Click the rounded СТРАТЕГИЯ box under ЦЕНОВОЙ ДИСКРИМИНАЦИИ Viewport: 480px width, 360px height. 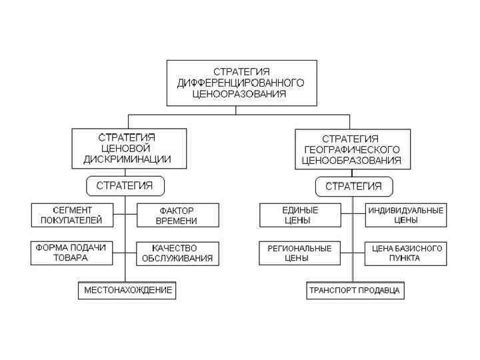(x=125, y=186)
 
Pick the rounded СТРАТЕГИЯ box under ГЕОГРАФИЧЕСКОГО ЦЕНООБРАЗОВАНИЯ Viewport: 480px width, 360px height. (x=353, y=186)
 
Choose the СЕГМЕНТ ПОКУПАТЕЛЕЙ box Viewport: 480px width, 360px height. (x=71, y=215)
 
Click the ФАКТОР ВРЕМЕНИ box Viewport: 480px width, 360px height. (x=177, y=215)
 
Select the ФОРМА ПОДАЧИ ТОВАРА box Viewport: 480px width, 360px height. (x=71, y=253)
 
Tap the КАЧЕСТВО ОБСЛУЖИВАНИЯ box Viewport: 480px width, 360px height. (x=177, y=253)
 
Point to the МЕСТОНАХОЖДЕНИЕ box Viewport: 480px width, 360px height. (x=127, y=290)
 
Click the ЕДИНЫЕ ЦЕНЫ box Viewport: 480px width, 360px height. (x=300, y=215)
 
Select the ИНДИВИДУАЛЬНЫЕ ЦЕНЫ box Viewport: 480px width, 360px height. (x=405, y=215)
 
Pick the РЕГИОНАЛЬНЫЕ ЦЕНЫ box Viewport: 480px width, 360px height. (x=300, y=253)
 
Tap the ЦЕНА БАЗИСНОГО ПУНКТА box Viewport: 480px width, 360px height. (x=405, y=253)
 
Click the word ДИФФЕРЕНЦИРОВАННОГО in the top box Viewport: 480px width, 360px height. (x=241, y=83)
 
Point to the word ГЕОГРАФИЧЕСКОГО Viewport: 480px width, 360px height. (x=351, y=149)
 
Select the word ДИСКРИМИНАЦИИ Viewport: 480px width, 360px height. (x=127, y=159)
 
